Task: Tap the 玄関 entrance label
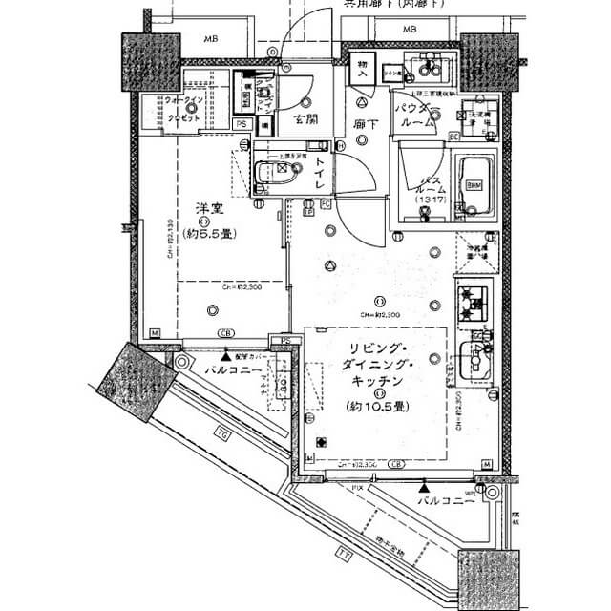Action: [x=305, y=120]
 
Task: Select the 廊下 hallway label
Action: [x=363, y=123]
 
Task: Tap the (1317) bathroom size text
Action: [x=427, y=200]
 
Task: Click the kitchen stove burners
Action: [x=472, y=302]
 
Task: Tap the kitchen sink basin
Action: [x=473, y=359]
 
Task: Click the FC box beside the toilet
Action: [x=326, y=203]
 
